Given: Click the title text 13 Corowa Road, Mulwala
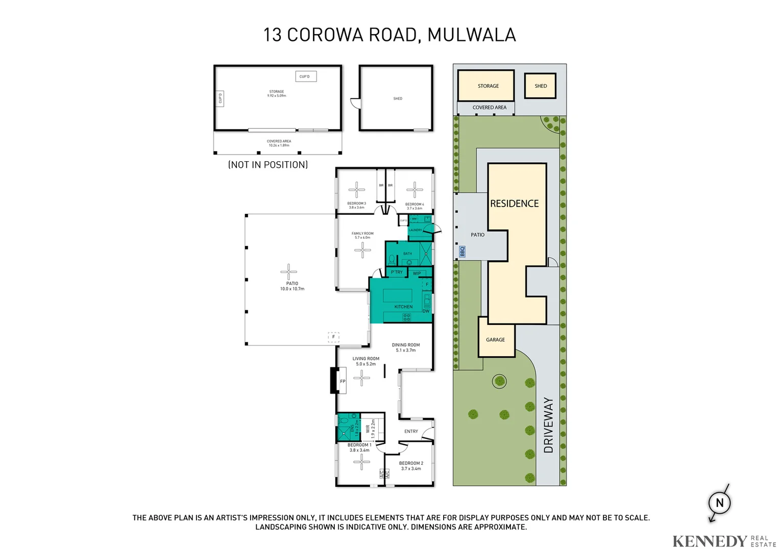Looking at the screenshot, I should coord(389,35).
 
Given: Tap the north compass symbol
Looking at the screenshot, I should coord(719,503).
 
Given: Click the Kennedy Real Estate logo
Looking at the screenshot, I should coord(723,541).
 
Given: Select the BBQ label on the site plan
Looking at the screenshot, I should coord(462,252).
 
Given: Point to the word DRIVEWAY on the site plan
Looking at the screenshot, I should coord(548,425).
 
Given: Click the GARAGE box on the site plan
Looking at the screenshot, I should coord(496,337).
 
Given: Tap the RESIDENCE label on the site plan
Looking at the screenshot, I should coord(515,204).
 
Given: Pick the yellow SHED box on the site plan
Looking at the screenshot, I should coord(541,86).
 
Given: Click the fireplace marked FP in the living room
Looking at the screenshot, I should coord(343,381).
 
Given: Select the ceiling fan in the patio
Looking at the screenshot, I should coord(288,272).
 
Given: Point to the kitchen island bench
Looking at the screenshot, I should coord(398,295).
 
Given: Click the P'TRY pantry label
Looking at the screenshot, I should coord(397,272).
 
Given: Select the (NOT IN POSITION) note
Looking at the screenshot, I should coord(268,165).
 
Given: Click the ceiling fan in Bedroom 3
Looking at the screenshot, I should coord(356,189).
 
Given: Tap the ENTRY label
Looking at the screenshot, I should coord(411,432).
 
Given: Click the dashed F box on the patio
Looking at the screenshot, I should coord(333,337).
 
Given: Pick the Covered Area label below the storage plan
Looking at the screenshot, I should coord(279,143).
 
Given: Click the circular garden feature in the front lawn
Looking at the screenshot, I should coord(499,381).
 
